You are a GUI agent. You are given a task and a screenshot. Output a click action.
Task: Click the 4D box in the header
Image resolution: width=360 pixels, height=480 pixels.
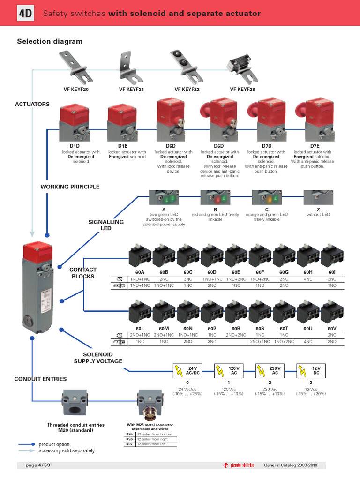coord(26,14)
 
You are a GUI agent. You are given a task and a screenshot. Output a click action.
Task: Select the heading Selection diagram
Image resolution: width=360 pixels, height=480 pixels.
coord(50,41)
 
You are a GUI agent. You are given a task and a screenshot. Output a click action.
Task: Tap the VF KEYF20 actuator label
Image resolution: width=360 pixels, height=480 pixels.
coord(76,89)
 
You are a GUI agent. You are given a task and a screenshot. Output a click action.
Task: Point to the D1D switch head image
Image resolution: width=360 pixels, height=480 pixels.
coord(75,123)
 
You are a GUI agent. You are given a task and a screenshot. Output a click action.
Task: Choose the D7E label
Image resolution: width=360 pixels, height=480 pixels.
coord(314,146)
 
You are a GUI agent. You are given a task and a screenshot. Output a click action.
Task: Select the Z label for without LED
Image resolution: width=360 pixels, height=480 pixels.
coord(318,209)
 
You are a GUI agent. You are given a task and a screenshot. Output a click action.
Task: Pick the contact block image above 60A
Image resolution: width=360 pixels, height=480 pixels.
coord(140,256)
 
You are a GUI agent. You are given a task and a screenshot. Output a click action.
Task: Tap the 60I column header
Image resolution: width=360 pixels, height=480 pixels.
coord(332,272)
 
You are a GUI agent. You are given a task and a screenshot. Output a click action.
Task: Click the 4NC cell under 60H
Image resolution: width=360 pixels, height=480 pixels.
coord(308,278)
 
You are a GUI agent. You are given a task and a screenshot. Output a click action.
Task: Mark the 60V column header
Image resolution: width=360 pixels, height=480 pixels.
coord(332,329)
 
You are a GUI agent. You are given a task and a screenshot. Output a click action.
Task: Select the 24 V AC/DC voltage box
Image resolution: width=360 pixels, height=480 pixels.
coord(188,371)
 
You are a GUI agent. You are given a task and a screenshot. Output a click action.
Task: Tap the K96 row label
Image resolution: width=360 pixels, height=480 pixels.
coord(123,439)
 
